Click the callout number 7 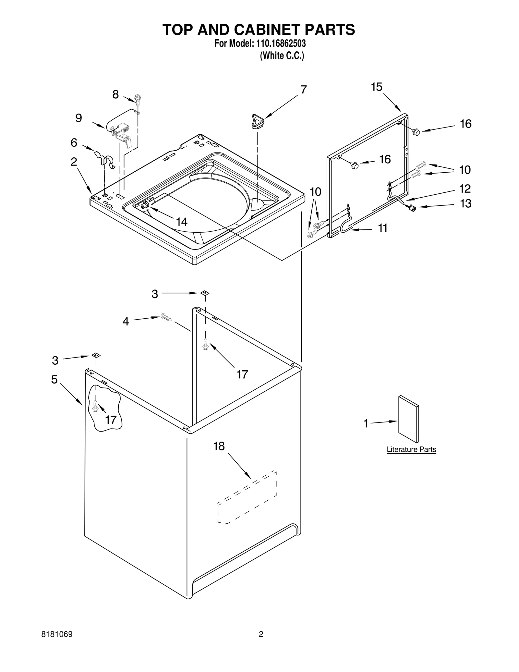tap(303, 90)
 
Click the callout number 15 tap(377, 87)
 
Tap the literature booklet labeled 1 tap(408, 419)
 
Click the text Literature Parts tap(411, 449)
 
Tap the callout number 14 tap(182, 222)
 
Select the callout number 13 tap(465, 204)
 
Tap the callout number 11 tap(383, 228)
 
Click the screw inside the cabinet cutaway tap(95, 406)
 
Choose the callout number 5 tap(54, 379)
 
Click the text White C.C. tap(282, 56)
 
